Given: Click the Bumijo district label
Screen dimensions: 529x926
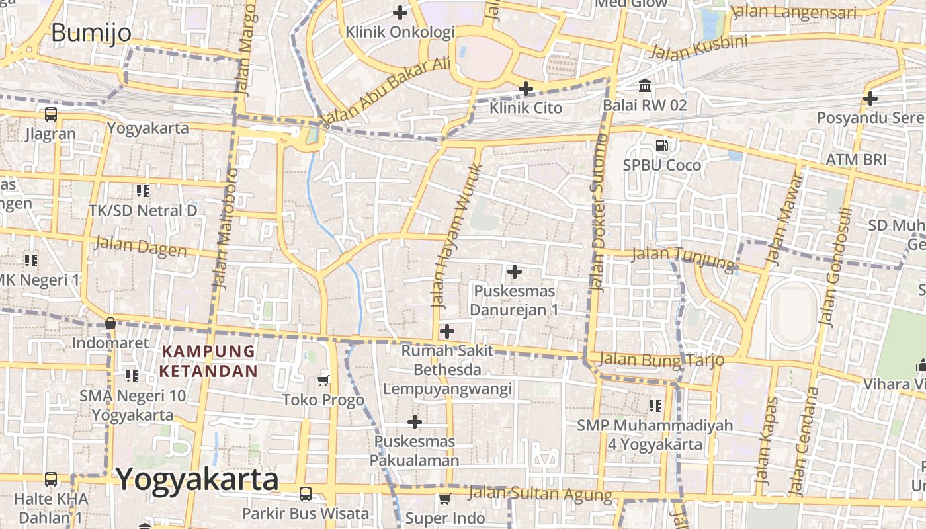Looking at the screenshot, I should pyautogui.click(x=91, y=32).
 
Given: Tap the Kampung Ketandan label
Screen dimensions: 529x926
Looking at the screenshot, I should pyautogui.click(x=208, y=361).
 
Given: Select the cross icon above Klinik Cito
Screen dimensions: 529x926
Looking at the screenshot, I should pyautogui.click(x=526, y=88).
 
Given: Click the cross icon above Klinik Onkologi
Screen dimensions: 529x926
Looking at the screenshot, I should pyautogui.click(x=400, y=12).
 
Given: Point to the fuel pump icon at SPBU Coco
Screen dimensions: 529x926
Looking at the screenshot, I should pyautogui.click(x=661, y=145).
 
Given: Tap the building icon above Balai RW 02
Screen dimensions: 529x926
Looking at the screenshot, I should pyautogui.click(x=645, y=85).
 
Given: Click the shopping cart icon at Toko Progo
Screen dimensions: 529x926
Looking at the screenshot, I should pyautogui.click(x=323, y=380).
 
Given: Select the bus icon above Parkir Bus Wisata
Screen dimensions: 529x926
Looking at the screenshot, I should pyautogui.click(x=306, y=493).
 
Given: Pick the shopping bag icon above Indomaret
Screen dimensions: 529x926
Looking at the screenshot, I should pyautogui.click(x=110, y=323).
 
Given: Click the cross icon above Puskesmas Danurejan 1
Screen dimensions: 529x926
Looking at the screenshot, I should pyautogui.click(x=515, y=271).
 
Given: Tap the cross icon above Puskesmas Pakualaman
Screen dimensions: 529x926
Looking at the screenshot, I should pyautogui.click(x=415, y=421).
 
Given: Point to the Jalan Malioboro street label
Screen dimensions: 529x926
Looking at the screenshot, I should pyautogui.click(x=225, y=228).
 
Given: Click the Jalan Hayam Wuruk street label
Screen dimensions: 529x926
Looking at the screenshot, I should pyautogui.click(x=456, y=235).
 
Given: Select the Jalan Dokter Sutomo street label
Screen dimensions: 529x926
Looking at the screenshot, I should pyautogui.click(x=599, y=212).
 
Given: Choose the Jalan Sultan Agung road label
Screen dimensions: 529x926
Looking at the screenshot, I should pyautogui.click(x=540, y=493).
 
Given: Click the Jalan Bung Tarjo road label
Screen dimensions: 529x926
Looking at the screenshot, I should pyautogui.click(x=661, y=360).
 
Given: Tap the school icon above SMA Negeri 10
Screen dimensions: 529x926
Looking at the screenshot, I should pyautogui.click(x=132, y=376).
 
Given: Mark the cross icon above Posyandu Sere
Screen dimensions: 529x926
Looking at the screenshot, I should pyautogui.click(x=870, y=99).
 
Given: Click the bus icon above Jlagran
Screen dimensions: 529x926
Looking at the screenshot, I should pyautogui.click(x=51, y=114).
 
